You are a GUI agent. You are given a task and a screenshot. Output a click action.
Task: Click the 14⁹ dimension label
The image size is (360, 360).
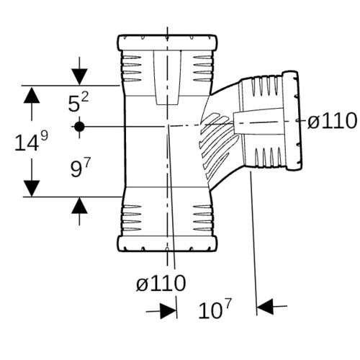(x=32, y=142)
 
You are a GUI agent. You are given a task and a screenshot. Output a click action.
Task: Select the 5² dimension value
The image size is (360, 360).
(x=78, y=102)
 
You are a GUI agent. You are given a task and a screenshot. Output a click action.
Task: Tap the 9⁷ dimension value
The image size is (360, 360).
(x=81, y=168)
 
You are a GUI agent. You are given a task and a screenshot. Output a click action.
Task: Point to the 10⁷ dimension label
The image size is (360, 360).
(x=215, y=309)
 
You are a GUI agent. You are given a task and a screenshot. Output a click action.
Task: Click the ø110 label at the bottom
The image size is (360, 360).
(x=161, y=283)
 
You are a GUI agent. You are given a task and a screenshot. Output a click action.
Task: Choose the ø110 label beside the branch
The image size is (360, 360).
(x=332, y=120)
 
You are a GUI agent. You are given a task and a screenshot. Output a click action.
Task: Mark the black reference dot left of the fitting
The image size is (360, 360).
(x=79, y=127)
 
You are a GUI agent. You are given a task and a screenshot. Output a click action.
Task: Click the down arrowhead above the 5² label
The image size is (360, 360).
(x=79, y=77)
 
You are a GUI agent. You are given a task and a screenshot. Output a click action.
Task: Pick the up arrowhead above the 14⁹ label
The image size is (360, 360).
(x=32, y=95)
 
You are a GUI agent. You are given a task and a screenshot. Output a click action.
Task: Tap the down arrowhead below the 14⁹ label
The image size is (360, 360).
(x=32, y=189)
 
